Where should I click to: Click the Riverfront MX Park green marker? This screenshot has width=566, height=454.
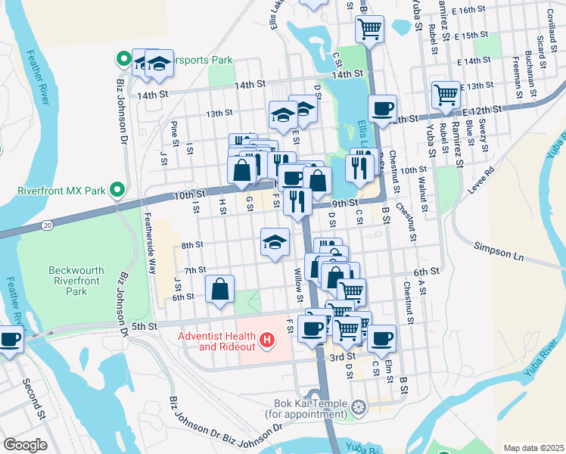coord(117,189)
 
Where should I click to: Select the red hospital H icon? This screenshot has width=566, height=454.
coord(266,342)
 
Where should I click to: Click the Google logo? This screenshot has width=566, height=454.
coord(25,444)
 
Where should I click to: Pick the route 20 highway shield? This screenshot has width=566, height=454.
coord(47,225)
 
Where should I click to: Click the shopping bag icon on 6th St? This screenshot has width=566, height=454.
coord(219,289)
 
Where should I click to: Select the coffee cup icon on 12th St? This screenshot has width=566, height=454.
coord(383,108)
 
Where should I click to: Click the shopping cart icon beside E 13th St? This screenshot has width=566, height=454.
coord(446,95)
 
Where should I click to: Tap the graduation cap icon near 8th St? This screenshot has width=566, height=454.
coord(275,241)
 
